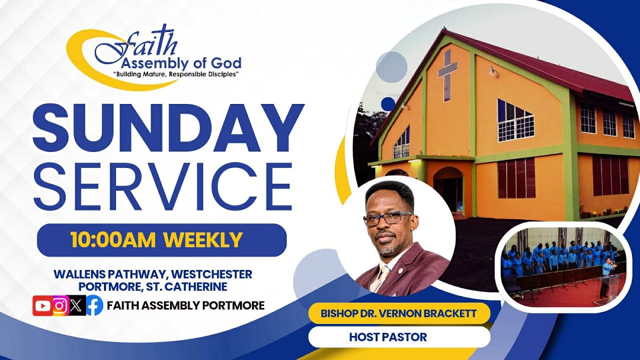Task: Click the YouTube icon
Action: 42,305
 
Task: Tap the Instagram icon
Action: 60,305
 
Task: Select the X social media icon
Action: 76,305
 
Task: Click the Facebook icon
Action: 94,305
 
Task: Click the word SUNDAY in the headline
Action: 168,129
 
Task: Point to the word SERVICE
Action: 163,186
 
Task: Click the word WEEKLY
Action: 203,240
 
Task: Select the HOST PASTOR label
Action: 388,337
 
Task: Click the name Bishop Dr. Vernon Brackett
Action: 398,314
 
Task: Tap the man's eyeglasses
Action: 387,218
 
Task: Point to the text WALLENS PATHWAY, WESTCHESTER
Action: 152,274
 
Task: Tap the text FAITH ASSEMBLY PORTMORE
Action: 185,305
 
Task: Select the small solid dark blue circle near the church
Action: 387,104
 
